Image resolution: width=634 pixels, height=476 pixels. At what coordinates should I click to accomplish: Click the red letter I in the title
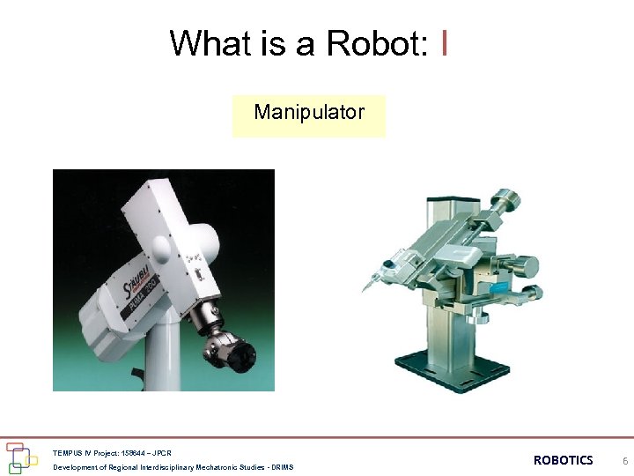446,42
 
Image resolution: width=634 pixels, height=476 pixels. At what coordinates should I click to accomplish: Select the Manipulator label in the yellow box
309,113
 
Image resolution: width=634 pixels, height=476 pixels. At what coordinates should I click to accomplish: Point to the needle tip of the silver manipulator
363,290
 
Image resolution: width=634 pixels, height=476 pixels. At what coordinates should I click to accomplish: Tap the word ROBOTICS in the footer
563,460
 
